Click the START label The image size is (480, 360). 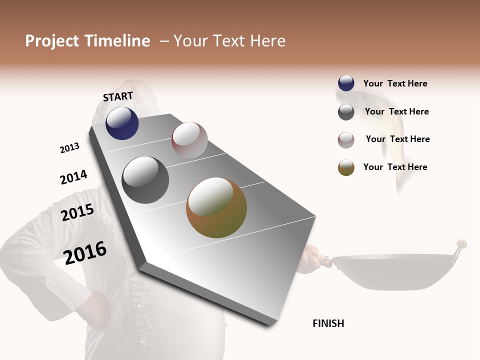tap(118, 96)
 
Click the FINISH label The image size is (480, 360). tap(328, 323)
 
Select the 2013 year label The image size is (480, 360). tap(69, 148)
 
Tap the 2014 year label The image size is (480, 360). tap(73, 177)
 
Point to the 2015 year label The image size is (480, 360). tap(77, 212)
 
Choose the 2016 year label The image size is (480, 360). tap(85, 253)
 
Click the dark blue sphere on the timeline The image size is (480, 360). tap(122, 123)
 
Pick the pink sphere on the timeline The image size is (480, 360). tap(189, 140)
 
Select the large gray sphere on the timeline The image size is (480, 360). tap(145, 180)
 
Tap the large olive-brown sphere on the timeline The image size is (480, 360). tap(216, 207)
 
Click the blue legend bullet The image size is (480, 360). tap(346, 83)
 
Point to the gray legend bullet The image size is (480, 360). tap(346, 112)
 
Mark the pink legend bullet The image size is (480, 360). tap(346, 140)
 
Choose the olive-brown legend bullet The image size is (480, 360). tap(346, 168)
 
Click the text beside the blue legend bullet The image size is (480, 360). tap(395, 83)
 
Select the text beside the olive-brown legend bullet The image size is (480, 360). tap(395, 167)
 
